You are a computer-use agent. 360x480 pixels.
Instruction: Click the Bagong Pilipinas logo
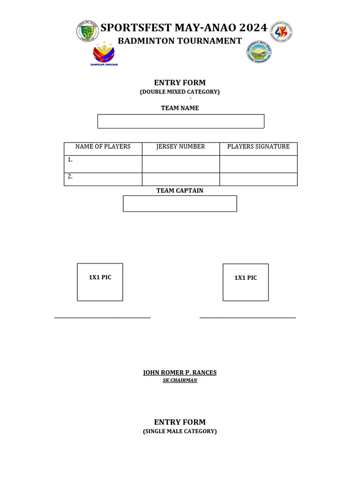(x=104, y=55)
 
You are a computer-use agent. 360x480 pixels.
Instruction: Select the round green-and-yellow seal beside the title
(x=88, y=32)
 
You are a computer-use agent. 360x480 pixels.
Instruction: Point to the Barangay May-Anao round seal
(x=259, y=52)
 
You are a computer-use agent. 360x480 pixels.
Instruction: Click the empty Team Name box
(x=180, y=121)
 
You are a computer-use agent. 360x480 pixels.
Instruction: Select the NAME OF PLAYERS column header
(x=103, y=147)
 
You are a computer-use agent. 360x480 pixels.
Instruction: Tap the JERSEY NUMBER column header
(x=180, y=147)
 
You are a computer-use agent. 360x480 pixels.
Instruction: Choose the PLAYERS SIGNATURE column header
(x=258, y=147)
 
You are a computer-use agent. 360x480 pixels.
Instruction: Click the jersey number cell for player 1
(x=180, y=164)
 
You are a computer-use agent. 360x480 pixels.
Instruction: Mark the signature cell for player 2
(x=258, y=179)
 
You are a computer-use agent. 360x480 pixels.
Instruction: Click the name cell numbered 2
(x=103, y=179)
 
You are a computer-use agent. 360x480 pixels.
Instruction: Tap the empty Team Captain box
(x=180, y=203)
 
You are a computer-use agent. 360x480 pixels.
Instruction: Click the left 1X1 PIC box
(x=100, y=282)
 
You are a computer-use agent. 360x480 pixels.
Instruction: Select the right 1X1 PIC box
(x=246, y=282)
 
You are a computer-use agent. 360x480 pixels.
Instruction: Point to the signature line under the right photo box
(x=247, y=318)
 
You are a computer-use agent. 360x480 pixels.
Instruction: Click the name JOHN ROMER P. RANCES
(x=180, y=373)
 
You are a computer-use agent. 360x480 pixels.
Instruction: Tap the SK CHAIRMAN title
(x=180, y=380)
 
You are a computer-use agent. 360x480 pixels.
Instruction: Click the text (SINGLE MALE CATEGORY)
(x=180, y=431)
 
